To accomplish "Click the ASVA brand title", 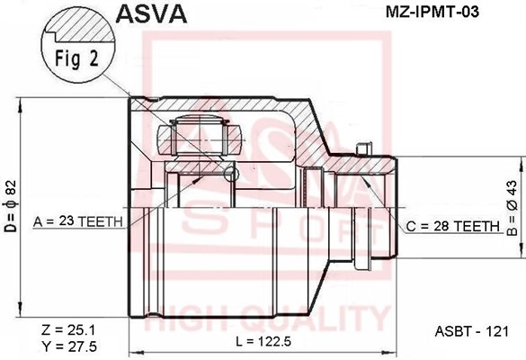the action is [x=151, y=13].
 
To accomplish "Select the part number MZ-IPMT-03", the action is [x=432, y=13].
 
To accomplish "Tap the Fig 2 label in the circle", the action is [x=76, y=58].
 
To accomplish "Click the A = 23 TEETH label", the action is [x=78, y=221].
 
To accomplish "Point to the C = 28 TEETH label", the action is [x=453, y=227].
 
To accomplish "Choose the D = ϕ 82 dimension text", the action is [x=11, y=206].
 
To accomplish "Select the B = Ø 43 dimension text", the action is [x=512, y=208].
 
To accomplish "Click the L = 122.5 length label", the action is [x=263, y=341].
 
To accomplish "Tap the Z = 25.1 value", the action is [x=68, y=329].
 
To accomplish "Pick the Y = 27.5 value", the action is [x=68, y=346].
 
